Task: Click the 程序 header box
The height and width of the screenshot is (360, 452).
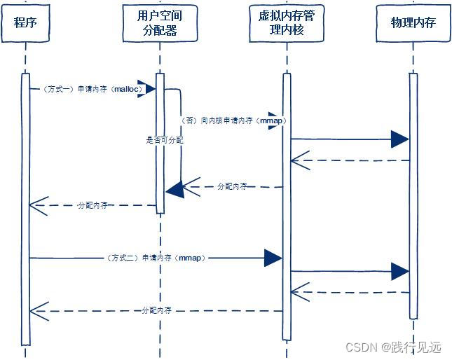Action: [x=25, y=22]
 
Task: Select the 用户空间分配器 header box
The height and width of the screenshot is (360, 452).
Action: [x=160, y=22]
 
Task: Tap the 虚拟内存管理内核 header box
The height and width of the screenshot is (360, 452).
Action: [x=286, y=22]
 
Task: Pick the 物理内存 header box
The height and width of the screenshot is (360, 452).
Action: [x=413, y=22]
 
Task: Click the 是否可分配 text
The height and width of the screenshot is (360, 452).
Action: [x=165, y=140]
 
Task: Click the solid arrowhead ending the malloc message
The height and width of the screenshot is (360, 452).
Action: [x=149, y=88]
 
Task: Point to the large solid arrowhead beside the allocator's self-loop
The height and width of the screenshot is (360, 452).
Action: [x=174, y=188]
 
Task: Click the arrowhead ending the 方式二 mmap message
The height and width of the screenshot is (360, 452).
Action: [x=273, y=258]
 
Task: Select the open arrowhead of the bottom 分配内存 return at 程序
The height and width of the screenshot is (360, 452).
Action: [x=38, y=308]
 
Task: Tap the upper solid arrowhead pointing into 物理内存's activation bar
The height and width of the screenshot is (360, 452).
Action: [x=399, y=139]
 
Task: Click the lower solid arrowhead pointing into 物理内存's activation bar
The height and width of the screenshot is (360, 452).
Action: [x=399, y=271]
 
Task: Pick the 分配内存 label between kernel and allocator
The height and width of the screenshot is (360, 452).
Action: [x=232, y=186]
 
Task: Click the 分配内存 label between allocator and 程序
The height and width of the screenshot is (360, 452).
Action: [x=93, y=205]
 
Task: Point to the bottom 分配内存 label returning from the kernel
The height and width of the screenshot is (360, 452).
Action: [x=156, y=310]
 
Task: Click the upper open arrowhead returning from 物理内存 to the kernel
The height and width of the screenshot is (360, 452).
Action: [x=300, y=162]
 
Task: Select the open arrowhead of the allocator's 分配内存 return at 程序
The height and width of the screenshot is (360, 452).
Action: [x=38, y=205]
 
